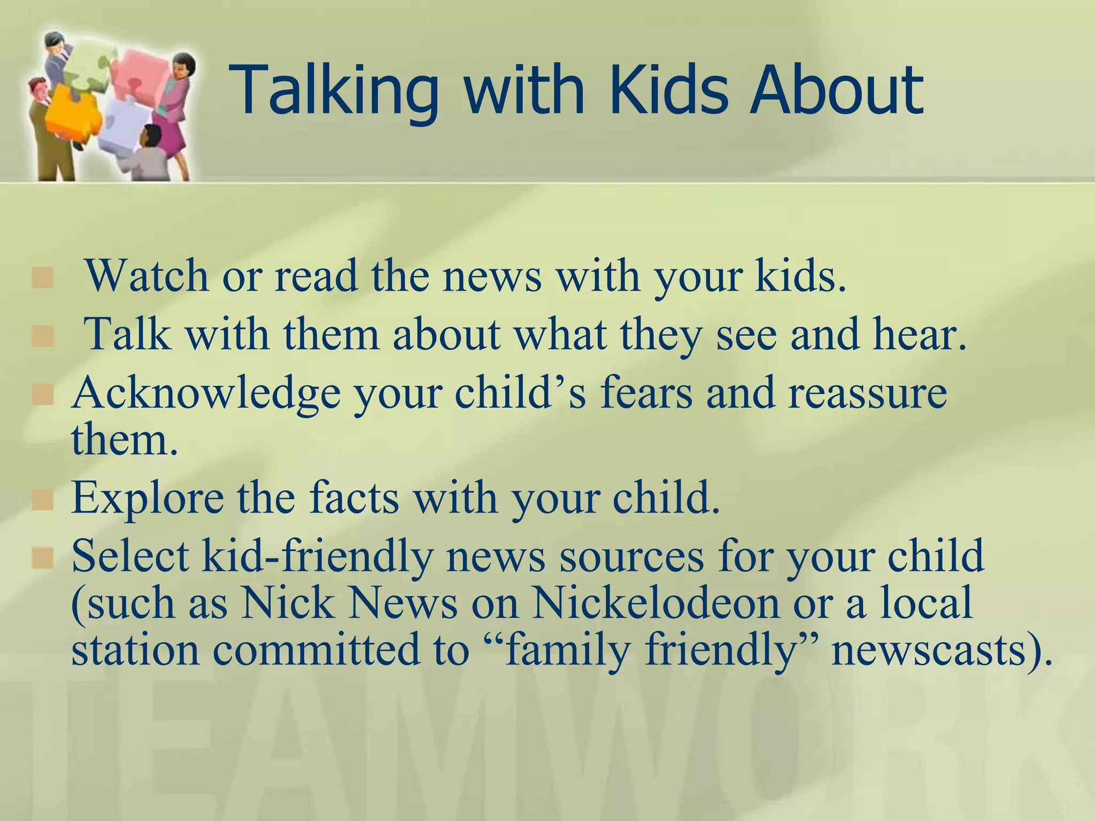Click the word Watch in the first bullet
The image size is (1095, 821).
147,276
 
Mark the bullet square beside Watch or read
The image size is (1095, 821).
43,278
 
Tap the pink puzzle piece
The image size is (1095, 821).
142,69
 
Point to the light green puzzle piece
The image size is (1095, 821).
86,69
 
